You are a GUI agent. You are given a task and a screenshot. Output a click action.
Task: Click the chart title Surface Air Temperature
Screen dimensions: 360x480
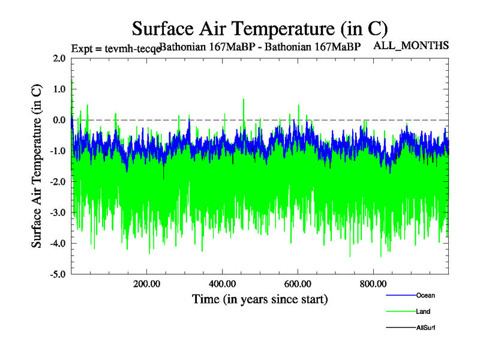click(260, 28)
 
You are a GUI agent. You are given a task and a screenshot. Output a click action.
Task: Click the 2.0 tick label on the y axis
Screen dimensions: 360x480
click(59, 58)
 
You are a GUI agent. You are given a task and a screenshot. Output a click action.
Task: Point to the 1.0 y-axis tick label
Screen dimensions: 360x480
click(59, 89)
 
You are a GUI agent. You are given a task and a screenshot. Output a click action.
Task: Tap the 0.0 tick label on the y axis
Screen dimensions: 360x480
click(59, 120)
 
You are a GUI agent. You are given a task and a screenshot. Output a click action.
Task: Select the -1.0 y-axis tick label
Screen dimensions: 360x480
click(58, 151)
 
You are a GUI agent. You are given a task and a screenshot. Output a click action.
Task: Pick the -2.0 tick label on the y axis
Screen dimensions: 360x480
click(58, 182)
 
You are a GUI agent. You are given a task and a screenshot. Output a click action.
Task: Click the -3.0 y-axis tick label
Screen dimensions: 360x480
click(58, 212)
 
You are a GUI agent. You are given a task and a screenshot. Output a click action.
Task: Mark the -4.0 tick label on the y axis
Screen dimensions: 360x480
click(58, 244)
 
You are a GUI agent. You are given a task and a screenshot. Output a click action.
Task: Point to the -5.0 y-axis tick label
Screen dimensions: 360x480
click(58, 274)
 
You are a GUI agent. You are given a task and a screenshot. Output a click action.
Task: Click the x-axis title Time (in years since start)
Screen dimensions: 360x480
click(260, 299)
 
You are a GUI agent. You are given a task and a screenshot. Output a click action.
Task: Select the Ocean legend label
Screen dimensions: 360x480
click(425, 295)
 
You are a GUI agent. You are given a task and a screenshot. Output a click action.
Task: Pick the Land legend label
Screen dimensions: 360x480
click(423, 311)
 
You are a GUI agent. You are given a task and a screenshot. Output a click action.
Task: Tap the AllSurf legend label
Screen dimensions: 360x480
click(425, 328)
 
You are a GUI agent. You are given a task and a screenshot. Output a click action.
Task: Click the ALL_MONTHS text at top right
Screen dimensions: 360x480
click(412, 45)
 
